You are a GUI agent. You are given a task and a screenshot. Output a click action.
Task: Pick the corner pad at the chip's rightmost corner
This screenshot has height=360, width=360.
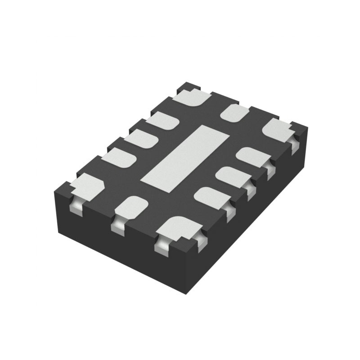[x=277, y=129]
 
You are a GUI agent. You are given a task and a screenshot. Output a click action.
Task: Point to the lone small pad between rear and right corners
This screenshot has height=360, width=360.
[x=234, y=112]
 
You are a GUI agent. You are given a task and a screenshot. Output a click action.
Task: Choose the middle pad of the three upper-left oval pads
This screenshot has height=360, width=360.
[x=140, y=139]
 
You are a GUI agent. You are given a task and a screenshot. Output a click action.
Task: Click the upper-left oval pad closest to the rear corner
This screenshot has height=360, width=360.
[x=162, y=121]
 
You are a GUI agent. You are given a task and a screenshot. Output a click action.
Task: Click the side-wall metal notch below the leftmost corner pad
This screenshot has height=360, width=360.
[x=77, y=207]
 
